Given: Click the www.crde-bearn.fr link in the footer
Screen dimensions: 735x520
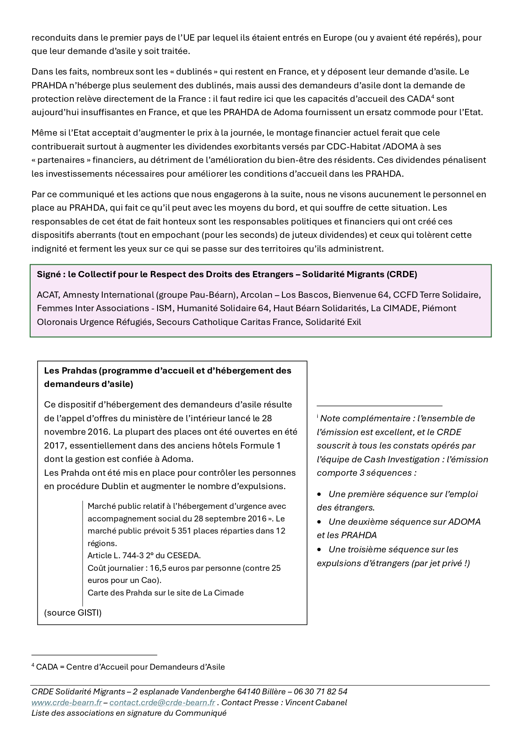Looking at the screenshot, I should [x=66, y=702].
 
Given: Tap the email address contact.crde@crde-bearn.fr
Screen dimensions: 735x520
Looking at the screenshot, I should [x=162, y=702].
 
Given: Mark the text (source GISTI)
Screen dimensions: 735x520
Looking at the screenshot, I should [x=73, y=613].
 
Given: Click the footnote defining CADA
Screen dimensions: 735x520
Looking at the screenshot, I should [x=128, y=667].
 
